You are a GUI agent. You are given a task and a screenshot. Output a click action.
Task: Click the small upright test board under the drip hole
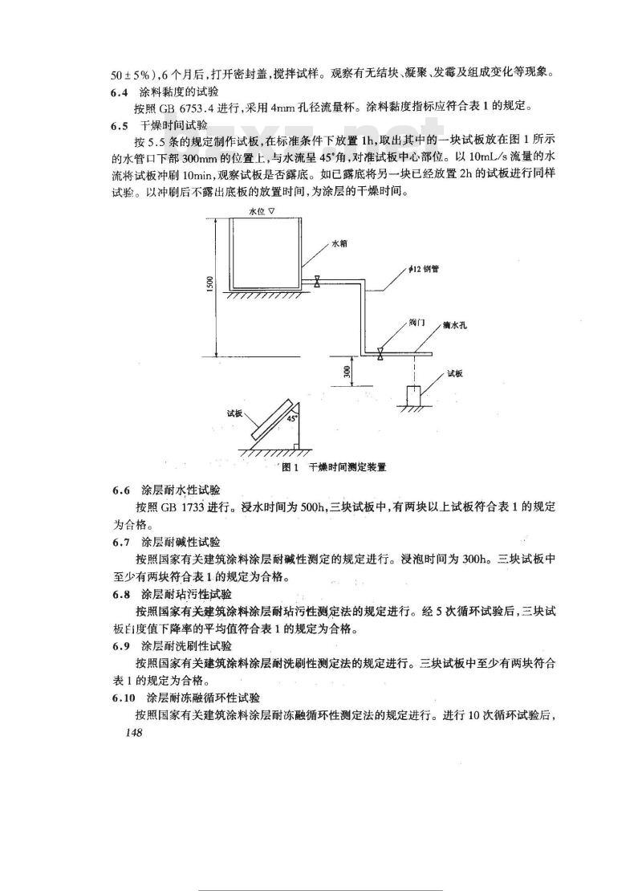pos(414,396)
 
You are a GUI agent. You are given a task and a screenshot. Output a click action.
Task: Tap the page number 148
pos(128,733)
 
